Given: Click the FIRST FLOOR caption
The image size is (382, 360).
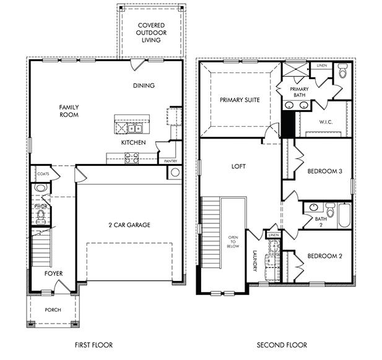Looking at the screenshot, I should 94,345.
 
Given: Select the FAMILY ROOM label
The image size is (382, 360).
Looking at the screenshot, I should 69,111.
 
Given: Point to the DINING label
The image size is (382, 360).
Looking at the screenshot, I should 144,85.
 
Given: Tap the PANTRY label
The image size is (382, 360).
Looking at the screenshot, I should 170,161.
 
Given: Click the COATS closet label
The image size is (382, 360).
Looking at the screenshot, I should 42,174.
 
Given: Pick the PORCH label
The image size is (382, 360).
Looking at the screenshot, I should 53,309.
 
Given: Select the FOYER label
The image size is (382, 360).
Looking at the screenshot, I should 53,273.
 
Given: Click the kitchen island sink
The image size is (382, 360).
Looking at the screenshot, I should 136,129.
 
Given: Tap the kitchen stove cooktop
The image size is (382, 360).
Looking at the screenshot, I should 131,157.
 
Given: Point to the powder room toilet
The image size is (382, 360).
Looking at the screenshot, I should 41,215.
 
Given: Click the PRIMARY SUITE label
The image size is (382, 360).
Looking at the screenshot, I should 240,100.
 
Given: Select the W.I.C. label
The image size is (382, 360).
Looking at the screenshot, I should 326,122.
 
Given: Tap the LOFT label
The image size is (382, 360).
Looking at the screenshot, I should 239,166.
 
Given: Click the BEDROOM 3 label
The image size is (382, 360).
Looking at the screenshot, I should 324,171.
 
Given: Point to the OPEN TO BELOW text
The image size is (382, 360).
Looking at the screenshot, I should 233,241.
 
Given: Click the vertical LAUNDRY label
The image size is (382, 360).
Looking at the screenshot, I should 254,260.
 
